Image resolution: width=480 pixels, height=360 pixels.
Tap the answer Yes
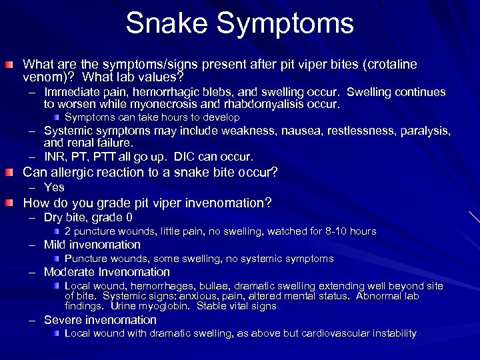[x=54, y=187]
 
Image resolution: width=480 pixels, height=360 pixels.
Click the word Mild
[x=55, y=245]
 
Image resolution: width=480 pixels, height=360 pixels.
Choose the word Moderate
[x=69, y=272]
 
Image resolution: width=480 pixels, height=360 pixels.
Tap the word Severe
[x=62, y=320]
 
